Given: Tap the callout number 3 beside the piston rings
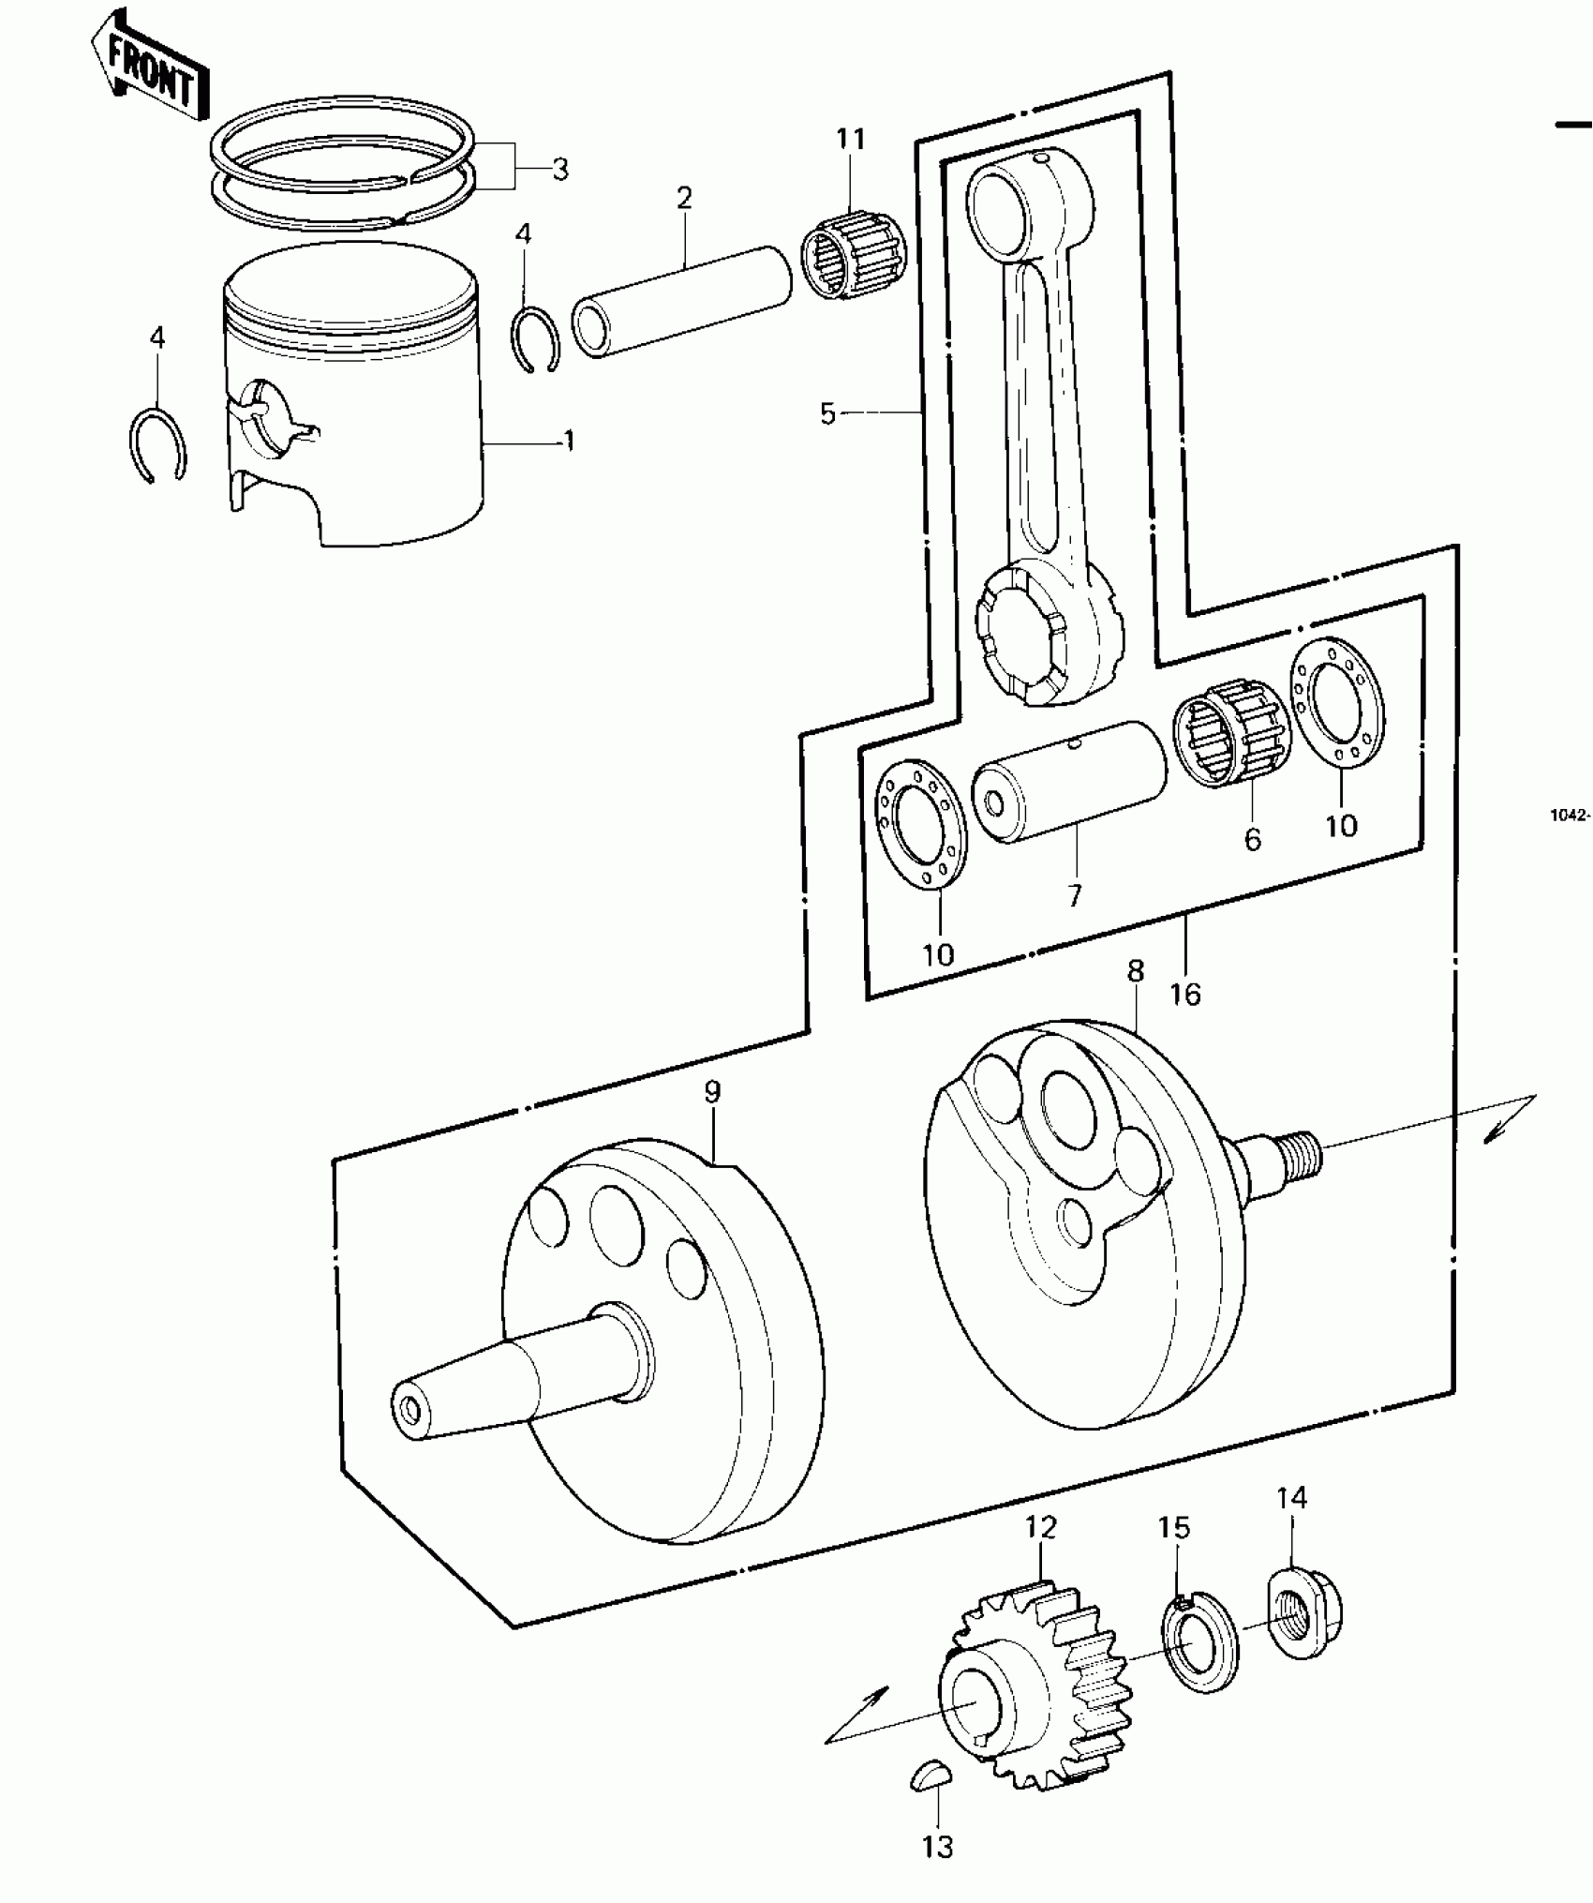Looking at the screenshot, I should pyautogui.click(x=559, y=170).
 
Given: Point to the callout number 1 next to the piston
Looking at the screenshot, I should pyautogui.click(x=568, y=441).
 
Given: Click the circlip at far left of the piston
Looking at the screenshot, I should pyautogui.click(x=157, y=445).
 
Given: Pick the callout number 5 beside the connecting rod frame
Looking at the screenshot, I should pyautogui.click(x=826, y=413).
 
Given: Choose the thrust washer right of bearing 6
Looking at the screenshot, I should pyautogui.click(x=1337, y=699).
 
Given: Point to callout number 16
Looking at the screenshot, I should pyautogui.click(x=1185, y=994).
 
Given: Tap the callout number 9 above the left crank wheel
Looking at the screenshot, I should pyautogui.click(x=712, y=1091).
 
